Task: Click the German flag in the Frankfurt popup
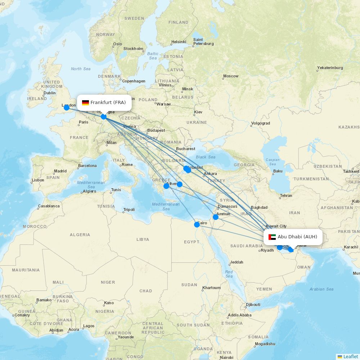click(x=85, y=103)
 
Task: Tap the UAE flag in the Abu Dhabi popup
click(x=272, y=237)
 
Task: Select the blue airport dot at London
click(x=66, y=107)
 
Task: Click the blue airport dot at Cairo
click(x=197, y=225)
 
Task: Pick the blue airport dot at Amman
click(x=216, y=217)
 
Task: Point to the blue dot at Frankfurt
click(x=104, y=116)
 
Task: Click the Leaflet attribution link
click(x=350, y=356)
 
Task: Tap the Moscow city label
click(x=231, y=76)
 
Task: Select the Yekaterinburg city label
click(x=330, y=68)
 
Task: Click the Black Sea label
click(x=206, y=157)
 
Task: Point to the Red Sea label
click(x=229, y=274)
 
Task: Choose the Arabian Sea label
click(x=321, y=289)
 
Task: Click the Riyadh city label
click(x=267, y=250)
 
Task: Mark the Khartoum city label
click(x=211, y=288)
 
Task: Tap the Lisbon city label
click(x=38, y=180)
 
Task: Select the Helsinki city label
click(x=179, y=42)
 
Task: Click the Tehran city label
click(x=286, y=195)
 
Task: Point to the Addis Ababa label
click(x=240, y=315)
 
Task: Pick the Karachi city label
click(x=351, y=247)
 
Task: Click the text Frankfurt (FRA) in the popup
click(x=108, y=103)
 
